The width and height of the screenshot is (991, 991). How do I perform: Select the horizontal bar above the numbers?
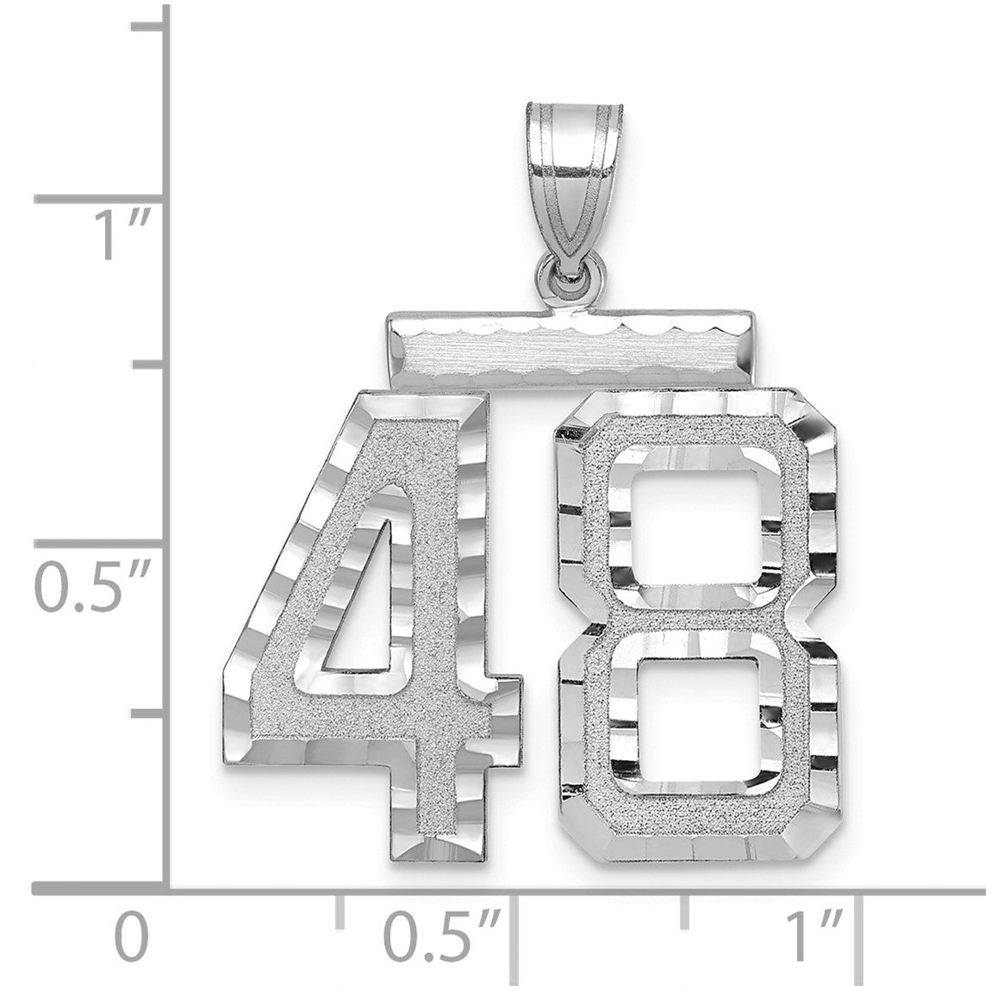(x=569, y=348)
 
